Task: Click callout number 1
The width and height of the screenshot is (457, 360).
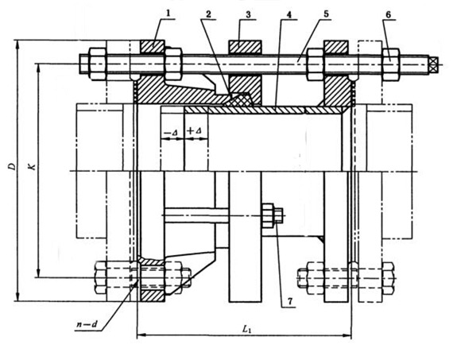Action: coord(168,14)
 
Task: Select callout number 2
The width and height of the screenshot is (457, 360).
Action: coord(207,14)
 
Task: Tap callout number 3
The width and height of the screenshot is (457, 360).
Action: coord(248,14)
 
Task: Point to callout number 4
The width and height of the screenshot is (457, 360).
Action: coord(289,14)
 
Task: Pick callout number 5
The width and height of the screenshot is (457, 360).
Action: coord(326,14)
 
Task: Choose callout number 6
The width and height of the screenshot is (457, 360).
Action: coord(389,14)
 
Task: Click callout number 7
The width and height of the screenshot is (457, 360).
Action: coord(289,301)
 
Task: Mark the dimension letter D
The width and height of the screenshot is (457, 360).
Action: coord(12,167)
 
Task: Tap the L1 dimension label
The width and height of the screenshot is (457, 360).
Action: coord(247,329)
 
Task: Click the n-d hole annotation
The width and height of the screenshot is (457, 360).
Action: coord(87,324)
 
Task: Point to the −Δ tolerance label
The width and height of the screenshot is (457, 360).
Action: coord(171,133)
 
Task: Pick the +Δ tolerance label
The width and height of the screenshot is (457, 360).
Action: coord(194,131)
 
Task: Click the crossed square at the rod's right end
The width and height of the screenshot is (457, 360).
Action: coord(433,64)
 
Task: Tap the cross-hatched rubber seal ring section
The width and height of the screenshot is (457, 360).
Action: coord(238,100)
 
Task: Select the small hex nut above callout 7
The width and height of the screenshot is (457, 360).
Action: coord(268,215)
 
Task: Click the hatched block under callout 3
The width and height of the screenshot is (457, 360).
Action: coord(245,47)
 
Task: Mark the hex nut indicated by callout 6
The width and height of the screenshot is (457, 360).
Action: coord(390,64)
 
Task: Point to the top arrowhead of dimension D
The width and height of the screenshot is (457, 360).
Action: coord(18,43)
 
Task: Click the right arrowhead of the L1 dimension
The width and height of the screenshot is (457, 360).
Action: coord(348,335)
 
